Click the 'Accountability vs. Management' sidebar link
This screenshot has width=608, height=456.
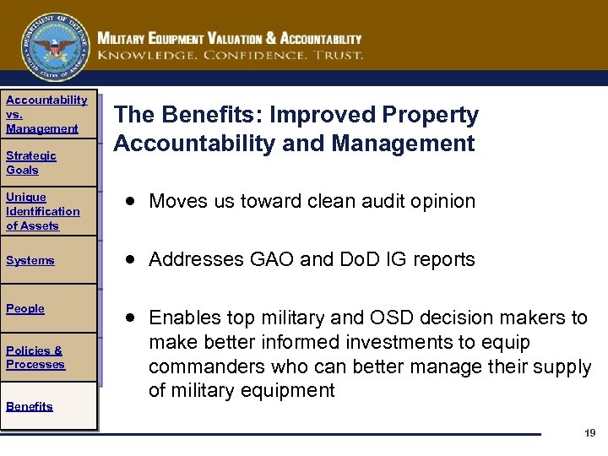(46, 114)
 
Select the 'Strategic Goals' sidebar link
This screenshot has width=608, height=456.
(31, 162)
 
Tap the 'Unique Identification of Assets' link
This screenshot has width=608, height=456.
(42, 211)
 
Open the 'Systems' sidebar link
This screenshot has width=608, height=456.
(30, 260)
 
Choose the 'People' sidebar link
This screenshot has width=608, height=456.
(25, 308)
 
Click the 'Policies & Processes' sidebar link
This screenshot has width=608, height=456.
(35, 357)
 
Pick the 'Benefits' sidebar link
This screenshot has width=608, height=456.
(30, 406)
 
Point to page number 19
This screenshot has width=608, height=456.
(589, 433)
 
